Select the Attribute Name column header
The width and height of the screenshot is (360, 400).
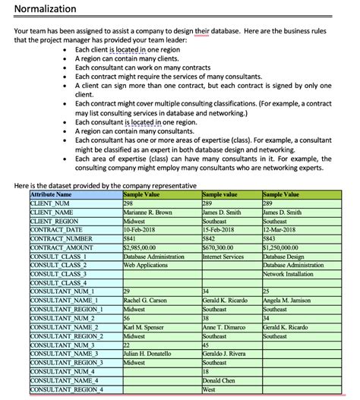click(56, 195)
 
